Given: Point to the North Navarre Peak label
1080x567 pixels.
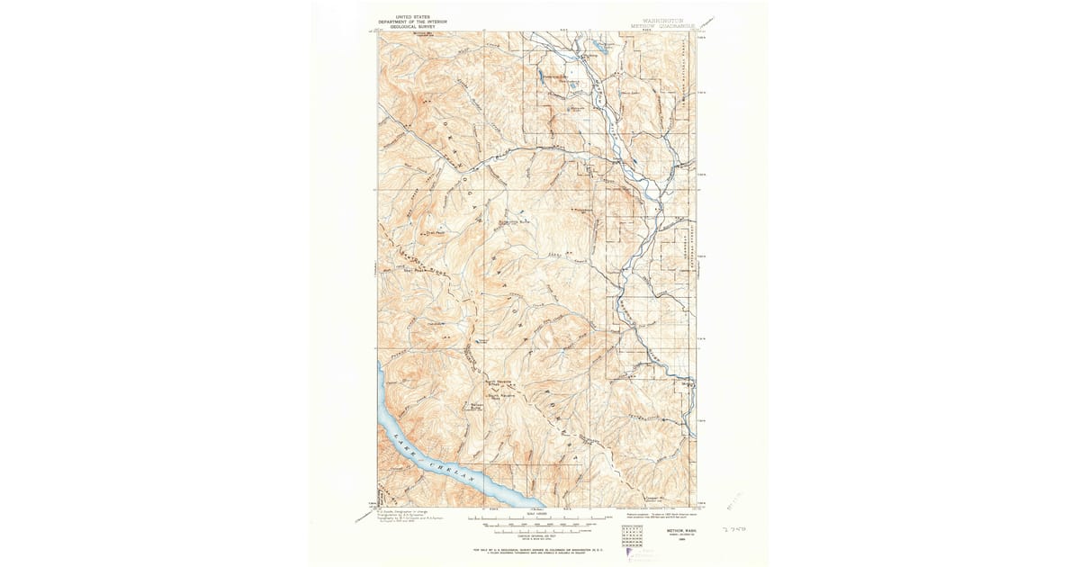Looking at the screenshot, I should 499,382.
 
